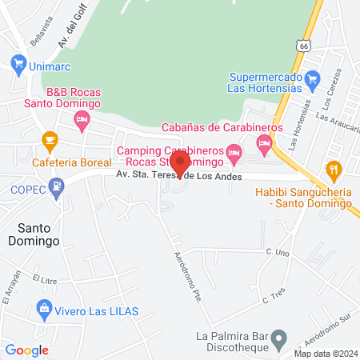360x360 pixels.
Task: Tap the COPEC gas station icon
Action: pos(56,189)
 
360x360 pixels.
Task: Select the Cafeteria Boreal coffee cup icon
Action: pos(50,139)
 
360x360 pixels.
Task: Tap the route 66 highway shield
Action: pos(302,46)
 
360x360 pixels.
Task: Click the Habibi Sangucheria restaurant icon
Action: pos(334,169)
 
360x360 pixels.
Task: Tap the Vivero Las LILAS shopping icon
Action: pos(44,307)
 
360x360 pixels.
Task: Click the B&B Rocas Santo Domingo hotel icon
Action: pos(81,121)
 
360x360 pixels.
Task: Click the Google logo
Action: pos(27,350)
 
